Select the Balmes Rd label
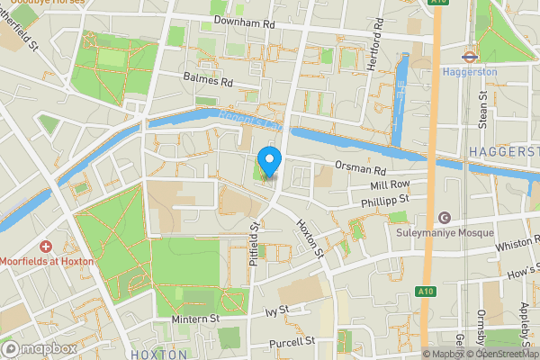(207, 81)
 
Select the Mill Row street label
(390, 184)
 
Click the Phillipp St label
(384, 199)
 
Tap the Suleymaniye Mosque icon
(443, 217)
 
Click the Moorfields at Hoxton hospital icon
(45, 246)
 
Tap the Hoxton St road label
(310, 239)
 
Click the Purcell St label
(291, 342)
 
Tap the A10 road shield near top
(438, 3)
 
